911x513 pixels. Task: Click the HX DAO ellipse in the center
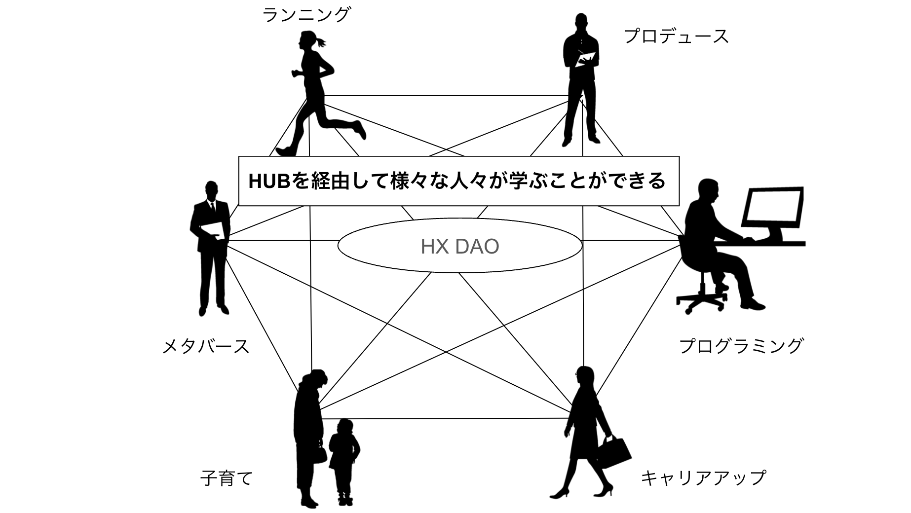(x=459, y=246)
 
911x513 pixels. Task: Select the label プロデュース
(x=676, y=37)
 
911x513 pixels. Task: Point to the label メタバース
(x=206, y=346)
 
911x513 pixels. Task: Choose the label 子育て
(x=227, y=478)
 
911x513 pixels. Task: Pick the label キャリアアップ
(x=703, y=477)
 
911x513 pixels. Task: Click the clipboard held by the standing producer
(x=586, y=60)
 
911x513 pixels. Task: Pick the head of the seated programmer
(x=709, y=191)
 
